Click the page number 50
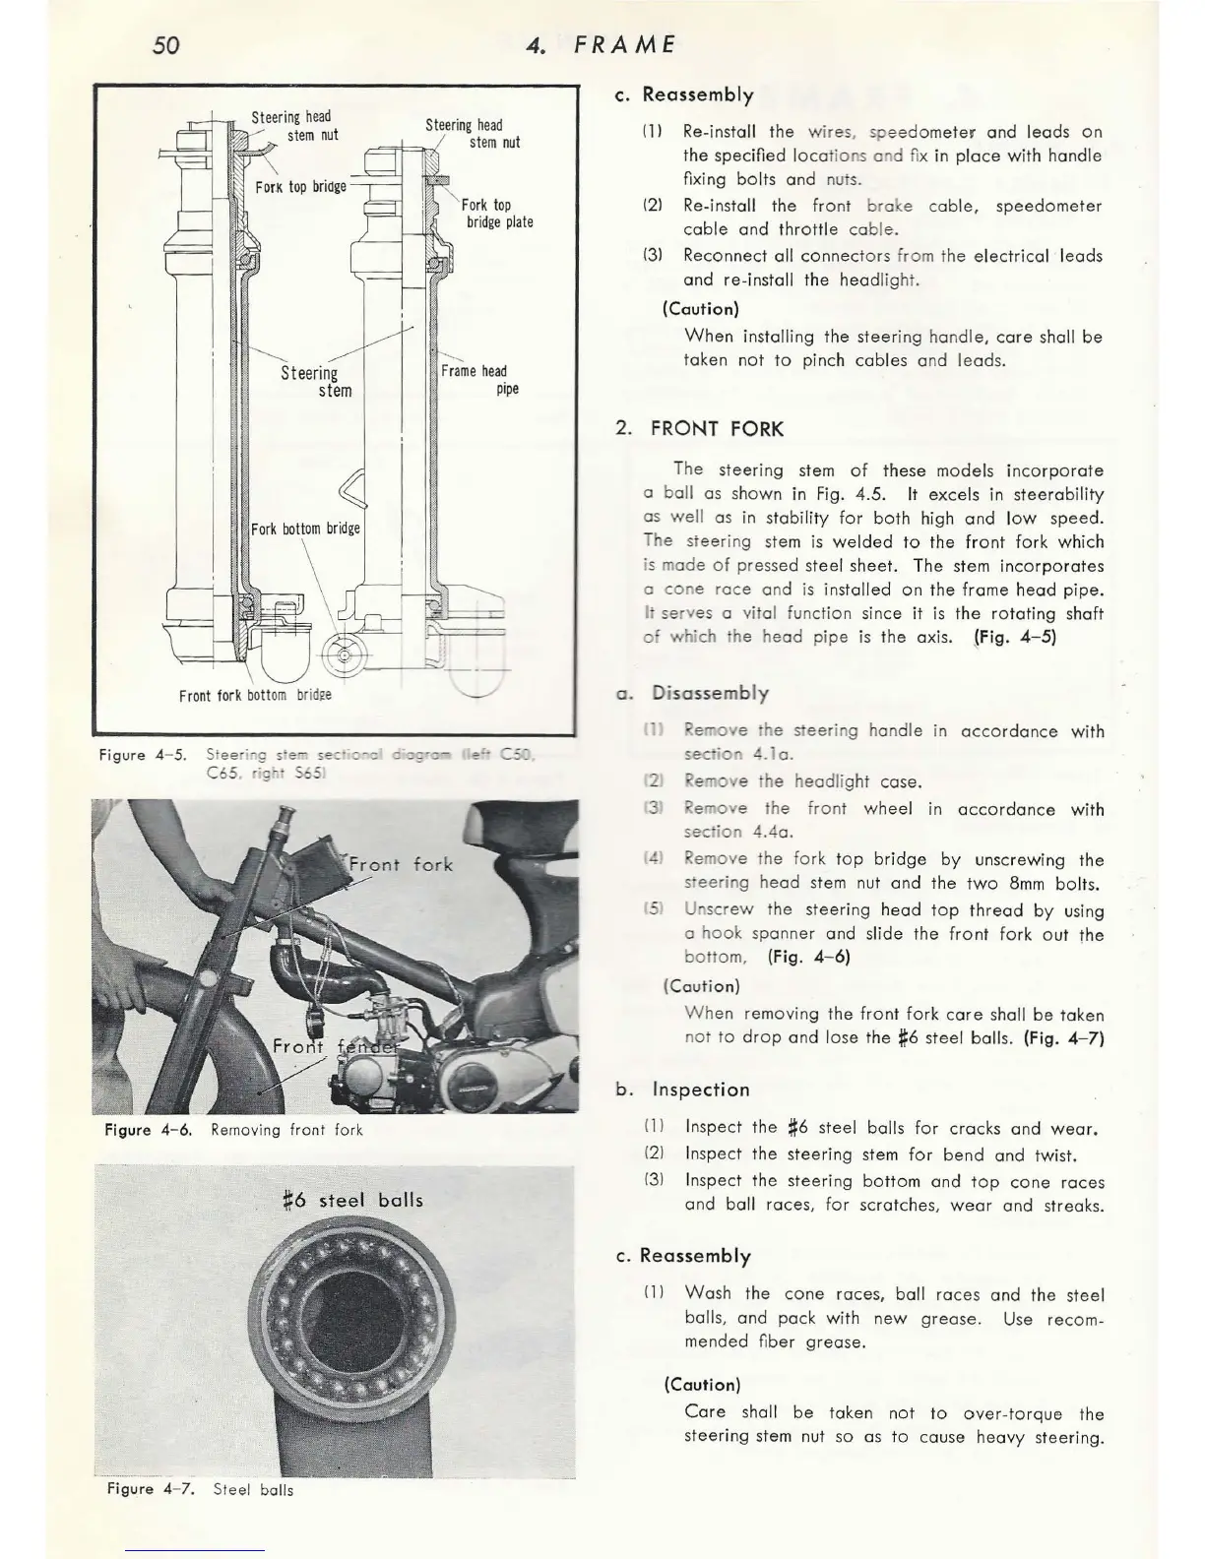166,44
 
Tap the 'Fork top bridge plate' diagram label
498,214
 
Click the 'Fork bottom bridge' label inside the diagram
305,529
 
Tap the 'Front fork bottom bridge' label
255,695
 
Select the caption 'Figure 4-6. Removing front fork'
234,1130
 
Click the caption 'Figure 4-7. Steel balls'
200,1490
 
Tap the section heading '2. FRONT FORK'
699,429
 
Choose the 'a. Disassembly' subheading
692,693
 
